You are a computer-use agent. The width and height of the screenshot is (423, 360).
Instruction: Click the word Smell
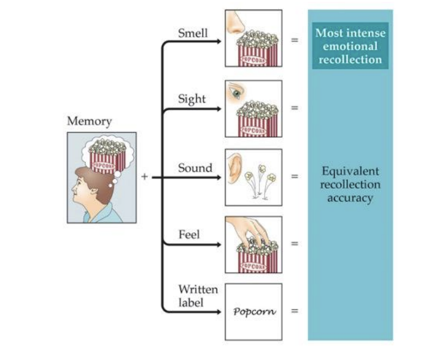[193, 33]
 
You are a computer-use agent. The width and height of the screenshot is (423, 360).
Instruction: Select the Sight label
[192, 99]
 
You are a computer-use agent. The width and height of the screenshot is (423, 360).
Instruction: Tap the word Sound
[195, 168]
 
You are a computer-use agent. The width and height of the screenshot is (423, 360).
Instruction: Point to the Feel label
[189, 234]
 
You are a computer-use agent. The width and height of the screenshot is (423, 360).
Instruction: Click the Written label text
[198, 296]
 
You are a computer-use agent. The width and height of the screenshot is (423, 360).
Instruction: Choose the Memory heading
[89, 121]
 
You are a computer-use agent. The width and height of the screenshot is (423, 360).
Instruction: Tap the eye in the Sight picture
[237, 93]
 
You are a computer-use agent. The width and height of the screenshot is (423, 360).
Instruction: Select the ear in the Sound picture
[234, 168]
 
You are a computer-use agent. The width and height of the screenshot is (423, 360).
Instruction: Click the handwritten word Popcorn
[254, 312]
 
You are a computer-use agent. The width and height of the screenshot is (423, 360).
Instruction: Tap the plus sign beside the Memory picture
[144, 176]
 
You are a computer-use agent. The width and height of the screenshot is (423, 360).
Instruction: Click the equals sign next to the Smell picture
[295, 40]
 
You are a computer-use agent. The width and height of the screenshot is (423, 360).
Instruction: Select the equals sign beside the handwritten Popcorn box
[295, 311]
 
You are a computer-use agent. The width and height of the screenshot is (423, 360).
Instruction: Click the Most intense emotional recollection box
[350, 46]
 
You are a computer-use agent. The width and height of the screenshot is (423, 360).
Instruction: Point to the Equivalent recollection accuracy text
[350, 185]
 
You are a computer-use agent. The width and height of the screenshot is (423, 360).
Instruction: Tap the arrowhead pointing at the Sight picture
[218, 109]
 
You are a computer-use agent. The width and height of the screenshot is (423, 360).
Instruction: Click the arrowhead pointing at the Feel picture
[218, 245]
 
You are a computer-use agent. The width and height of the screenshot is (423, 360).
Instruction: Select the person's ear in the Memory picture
[93, 191]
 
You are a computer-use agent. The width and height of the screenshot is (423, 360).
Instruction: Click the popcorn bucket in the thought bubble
[107, 156]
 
